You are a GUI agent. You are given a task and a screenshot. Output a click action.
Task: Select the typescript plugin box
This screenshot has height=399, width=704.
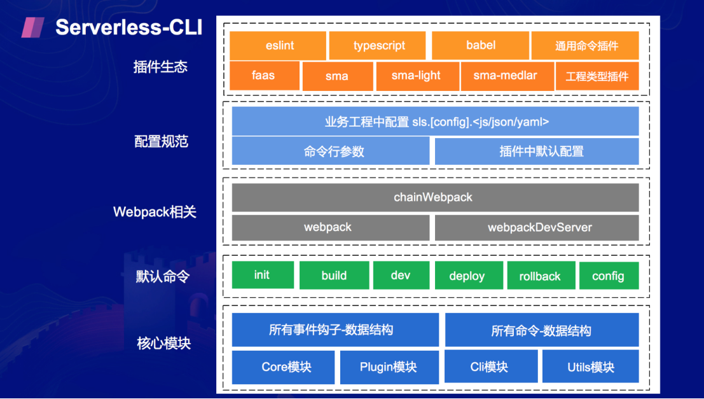click(378, 45)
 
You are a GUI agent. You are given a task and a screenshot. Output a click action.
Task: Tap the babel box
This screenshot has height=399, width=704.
click(480, 45)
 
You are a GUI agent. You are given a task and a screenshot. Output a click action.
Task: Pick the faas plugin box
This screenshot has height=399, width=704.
click(264, 75)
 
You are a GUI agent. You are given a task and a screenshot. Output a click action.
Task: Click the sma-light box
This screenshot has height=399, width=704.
click(416, 75)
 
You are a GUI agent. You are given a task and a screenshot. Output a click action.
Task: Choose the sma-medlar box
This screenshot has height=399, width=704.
click(505, 75)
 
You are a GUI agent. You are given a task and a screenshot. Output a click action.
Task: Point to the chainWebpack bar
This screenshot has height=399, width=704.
click(435, 197)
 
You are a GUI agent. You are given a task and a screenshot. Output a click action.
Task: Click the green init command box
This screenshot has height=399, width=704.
click(263, 275)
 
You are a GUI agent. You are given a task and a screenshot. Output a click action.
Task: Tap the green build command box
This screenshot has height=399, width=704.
click(334, 276)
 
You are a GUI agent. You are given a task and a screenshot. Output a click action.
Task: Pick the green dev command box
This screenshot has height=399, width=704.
click(401, 276)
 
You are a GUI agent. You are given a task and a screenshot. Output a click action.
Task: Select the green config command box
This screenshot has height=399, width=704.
click(609, 276)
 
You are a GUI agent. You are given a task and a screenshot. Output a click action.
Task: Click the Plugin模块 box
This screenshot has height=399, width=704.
click(389, 367)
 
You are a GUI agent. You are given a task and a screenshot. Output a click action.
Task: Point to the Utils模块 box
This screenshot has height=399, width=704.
click(590, 367)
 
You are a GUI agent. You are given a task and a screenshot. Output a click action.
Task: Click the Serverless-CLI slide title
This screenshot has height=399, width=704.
click(128, 27)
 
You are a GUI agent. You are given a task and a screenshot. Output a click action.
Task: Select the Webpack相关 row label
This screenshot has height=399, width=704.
click(155, 212)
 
